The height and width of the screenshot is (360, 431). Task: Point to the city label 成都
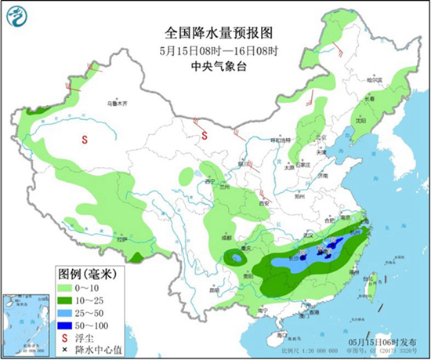point(226,236)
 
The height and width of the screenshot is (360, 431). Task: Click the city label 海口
point(273,334)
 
